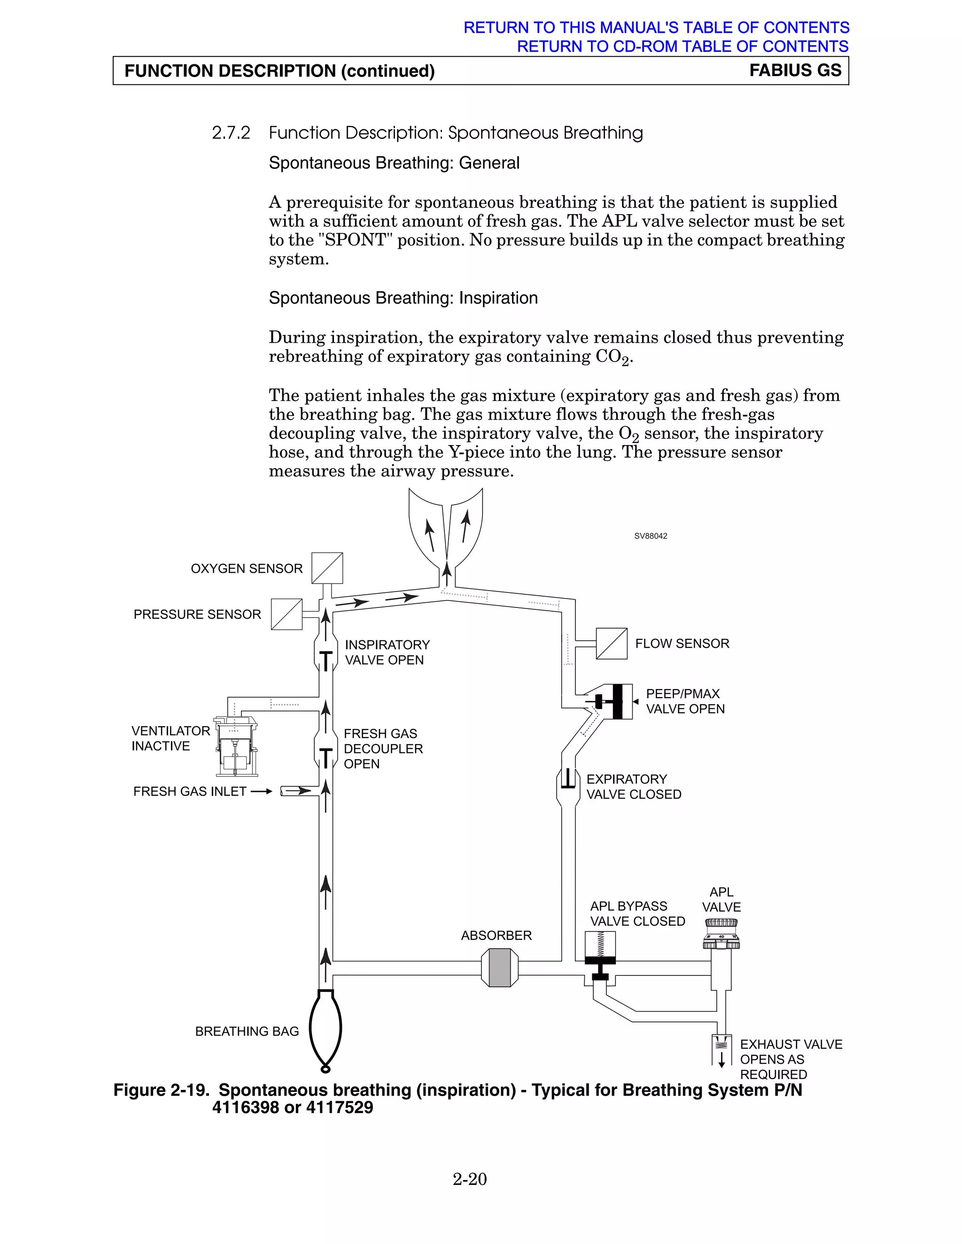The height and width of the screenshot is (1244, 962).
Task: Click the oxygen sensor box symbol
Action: [327, 568]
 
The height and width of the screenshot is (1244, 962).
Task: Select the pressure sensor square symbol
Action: [287, 614]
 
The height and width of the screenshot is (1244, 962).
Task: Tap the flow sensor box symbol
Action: [612, 644]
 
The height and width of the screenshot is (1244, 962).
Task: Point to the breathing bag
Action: [326, 1028]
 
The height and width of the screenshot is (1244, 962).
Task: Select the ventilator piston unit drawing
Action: [236, 746]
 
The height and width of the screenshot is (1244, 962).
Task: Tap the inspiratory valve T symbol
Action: [326, 660]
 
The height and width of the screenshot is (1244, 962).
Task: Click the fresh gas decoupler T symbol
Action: [326, 758]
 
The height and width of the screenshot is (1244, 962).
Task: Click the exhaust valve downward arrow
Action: [721, 1059]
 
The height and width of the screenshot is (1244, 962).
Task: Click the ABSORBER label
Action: [496, 935]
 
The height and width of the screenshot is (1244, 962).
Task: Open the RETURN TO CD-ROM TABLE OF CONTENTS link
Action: [682, 46]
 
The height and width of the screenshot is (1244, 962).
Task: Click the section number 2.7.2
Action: [231, 133]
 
